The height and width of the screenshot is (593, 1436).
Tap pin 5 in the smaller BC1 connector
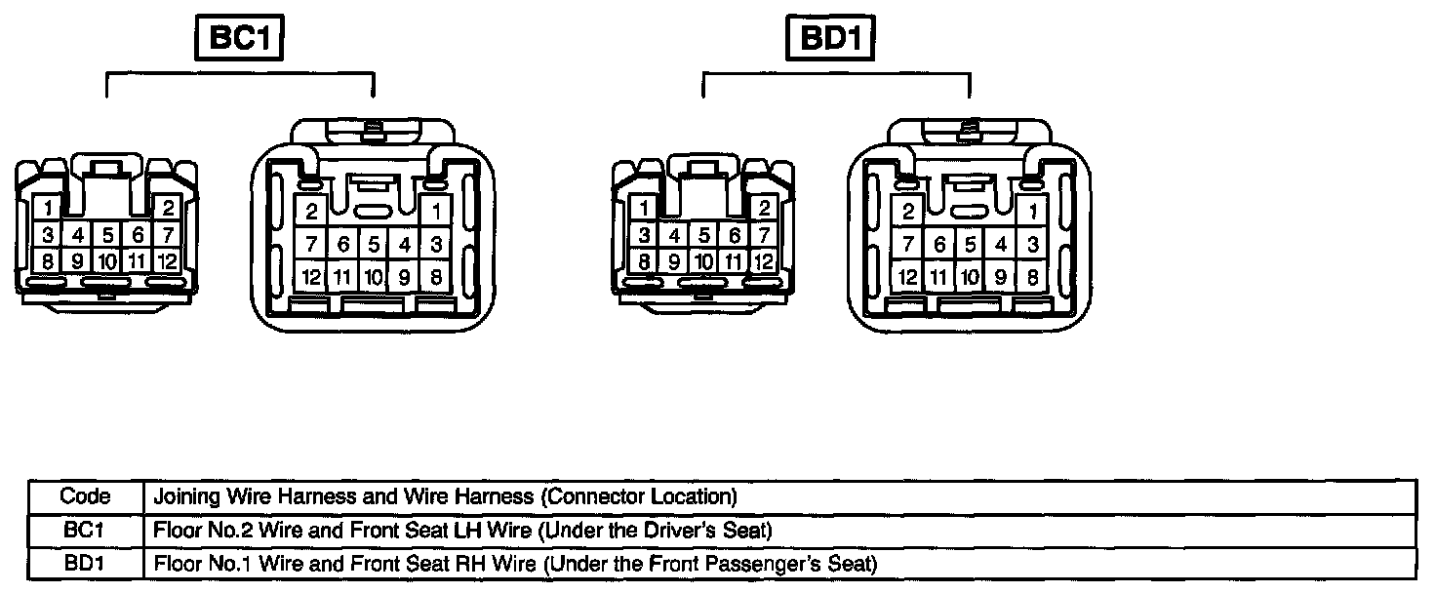pyautogui.click(x=107, y=235)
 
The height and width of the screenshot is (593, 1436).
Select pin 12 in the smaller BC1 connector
pyautogui.click(x=168, y=261)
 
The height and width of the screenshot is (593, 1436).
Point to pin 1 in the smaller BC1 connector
pyautogui.click(x=46, y=207)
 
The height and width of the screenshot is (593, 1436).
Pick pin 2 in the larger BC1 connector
pyautogui.click(x=312, y=211)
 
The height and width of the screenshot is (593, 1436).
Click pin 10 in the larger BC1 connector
pyautogui.click(x=373, y=277)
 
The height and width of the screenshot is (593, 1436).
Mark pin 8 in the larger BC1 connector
pyautogui.click(x=436, y=277)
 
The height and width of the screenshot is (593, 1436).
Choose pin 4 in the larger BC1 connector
pyautogui.click(x=404, y=244)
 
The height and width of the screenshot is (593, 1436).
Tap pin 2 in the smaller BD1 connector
pyautogui.click(x=765, y=207)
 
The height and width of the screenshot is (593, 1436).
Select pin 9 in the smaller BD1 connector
pyautogui.click(x=673, y=261)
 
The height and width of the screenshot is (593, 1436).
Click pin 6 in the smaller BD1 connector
pyautogui.click(x=735, y=235)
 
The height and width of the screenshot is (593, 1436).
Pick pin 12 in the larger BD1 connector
pyautogui.click(x=908, y=277)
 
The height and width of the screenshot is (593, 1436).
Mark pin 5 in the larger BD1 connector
pyautogui.click(x=970, y=244)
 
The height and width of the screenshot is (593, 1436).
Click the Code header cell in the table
pyautogui.click(x=86, y=496)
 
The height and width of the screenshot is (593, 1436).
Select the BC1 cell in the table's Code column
pyautogui.click(x=86, y=531)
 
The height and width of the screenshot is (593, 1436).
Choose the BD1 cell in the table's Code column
pyautogui.click(x=86, y=564)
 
